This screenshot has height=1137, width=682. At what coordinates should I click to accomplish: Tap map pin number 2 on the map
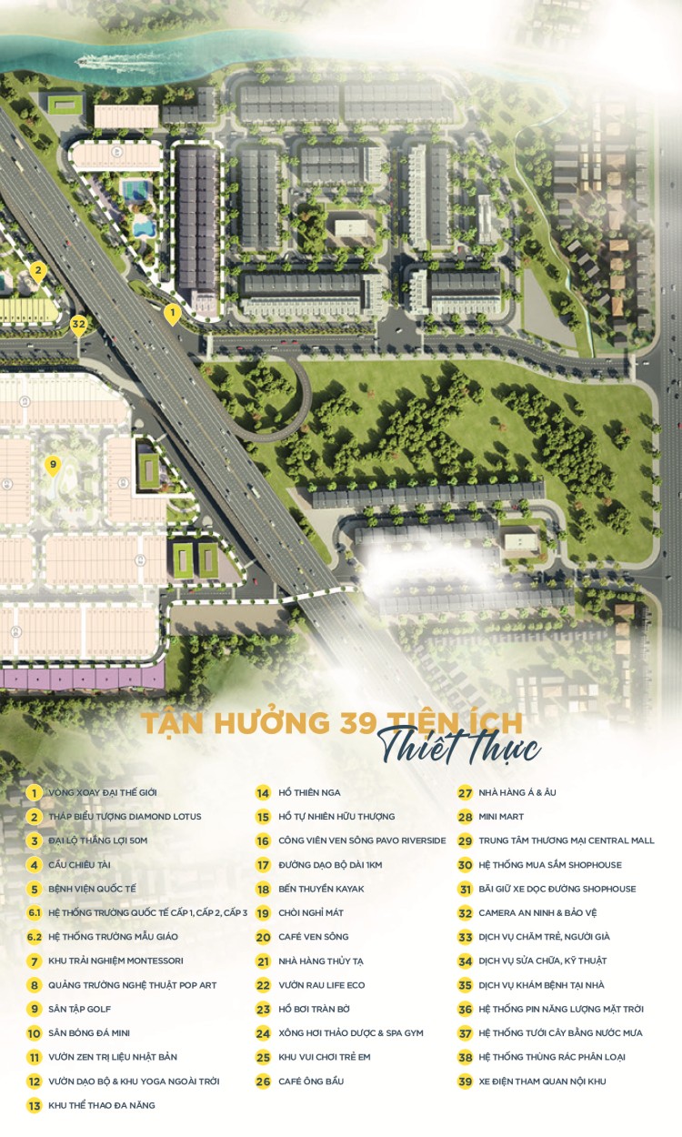click(x=37, y=270)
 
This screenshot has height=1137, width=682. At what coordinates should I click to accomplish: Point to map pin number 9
click(x=53, y=466)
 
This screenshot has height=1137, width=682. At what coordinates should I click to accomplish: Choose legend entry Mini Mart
click(x=502, y=817)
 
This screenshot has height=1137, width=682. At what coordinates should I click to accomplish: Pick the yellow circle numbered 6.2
click(x=35, y=937)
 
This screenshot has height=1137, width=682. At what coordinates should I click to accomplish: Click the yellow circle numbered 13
click(x=35, y=1105)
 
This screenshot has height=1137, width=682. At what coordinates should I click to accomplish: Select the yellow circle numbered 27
click(x=465, y=792)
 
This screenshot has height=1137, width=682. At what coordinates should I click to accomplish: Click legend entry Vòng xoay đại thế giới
click(x=102, y=792)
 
